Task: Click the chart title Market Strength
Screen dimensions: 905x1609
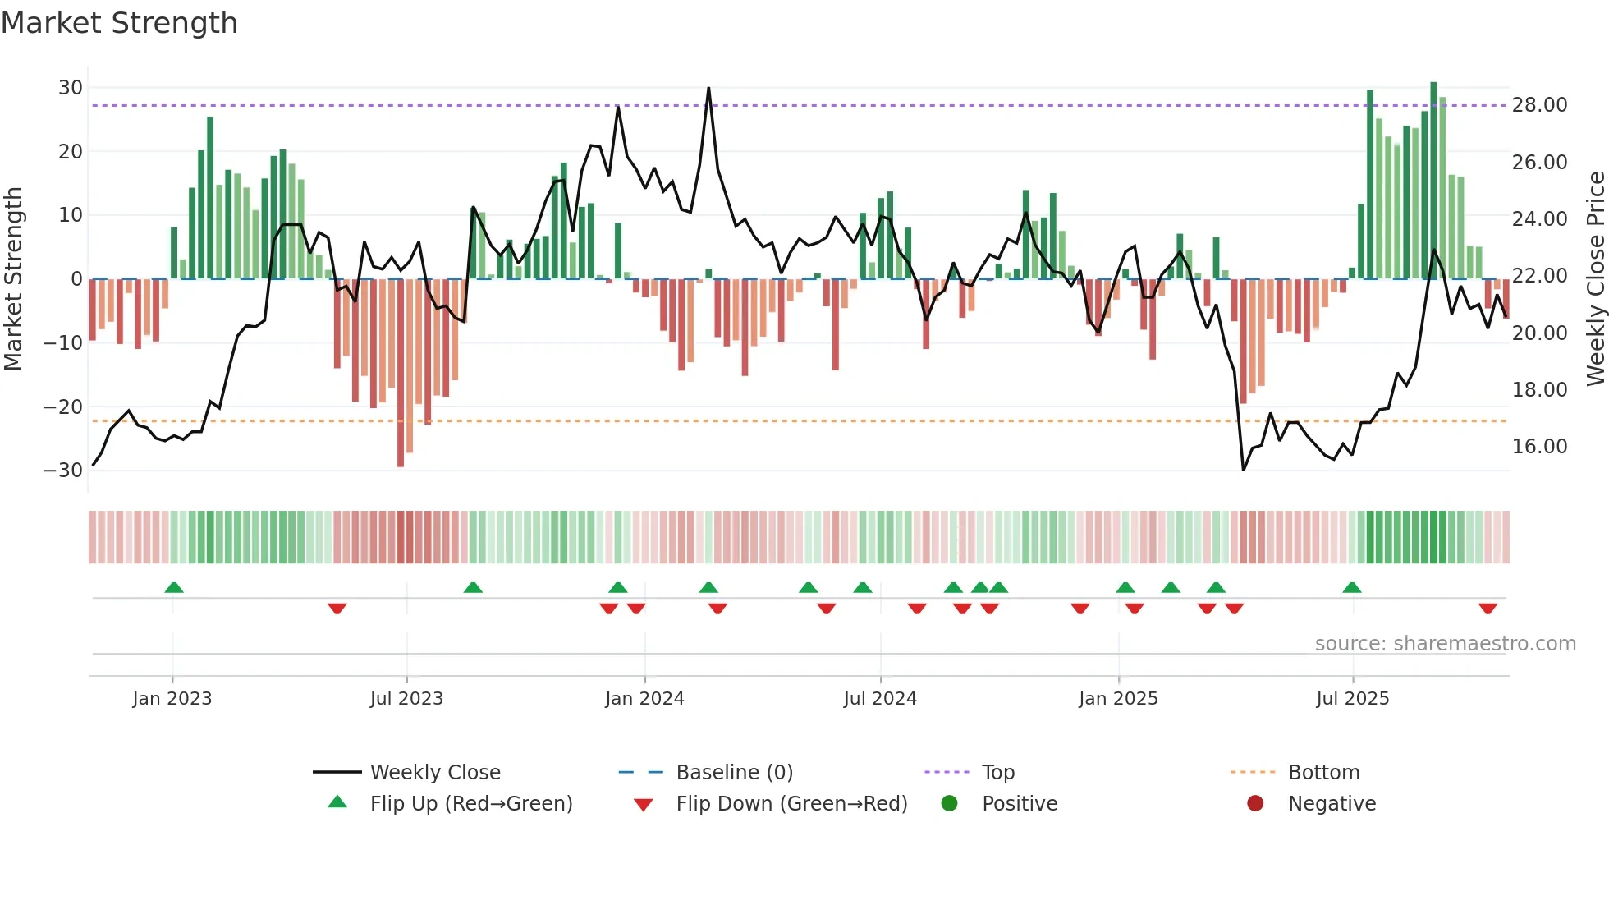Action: click(119, 23)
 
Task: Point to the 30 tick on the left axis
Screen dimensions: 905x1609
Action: click(71, 88)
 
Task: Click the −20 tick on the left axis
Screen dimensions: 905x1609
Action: click(63, 407)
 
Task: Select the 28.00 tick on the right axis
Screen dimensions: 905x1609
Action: click(1539, 105)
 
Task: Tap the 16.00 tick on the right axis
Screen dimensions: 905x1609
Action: click(1539, 447)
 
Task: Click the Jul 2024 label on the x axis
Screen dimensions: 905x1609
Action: click(880, 699)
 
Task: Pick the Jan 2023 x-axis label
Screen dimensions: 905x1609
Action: click(172, 699)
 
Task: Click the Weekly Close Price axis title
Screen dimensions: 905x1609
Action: click(1595, 278)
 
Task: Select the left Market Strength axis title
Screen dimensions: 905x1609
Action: click(13, 278)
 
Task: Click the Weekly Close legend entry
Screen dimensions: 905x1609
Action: click(435, 773)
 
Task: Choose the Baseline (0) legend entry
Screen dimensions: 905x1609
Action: click(734, 773)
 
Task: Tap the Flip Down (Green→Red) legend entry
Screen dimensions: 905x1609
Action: click(791, 804)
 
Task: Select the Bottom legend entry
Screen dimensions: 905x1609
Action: click(1323, 773)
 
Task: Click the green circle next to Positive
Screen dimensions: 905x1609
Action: click(950, 804)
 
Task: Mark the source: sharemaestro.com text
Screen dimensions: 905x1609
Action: click(1445, 644)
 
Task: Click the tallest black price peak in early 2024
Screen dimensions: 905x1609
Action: click(708, 89)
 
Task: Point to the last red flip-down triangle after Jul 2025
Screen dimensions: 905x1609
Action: click(1488, 609)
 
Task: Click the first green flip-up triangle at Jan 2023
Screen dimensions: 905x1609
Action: click(174, 587)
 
